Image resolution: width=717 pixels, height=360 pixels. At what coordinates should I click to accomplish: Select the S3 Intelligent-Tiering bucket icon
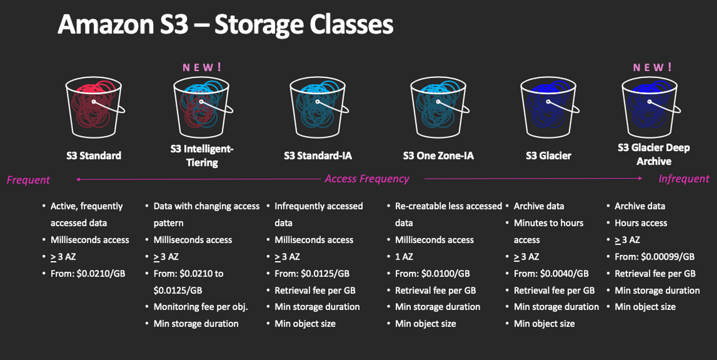pos(201,108)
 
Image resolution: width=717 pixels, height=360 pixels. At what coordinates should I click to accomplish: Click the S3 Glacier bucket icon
pos(547,108)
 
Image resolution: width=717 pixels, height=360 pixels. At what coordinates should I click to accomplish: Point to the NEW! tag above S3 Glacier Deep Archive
pos(652,67)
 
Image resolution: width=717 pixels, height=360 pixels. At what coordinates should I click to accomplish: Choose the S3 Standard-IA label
pos(318,155)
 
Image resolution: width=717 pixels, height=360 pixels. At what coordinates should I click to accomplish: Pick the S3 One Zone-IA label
pos(438,155)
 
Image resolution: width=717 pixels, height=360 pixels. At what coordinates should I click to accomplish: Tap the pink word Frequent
pos(28,180)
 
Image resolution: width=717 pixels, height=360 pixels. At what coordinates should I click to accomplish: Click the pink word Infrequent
pos(684,179)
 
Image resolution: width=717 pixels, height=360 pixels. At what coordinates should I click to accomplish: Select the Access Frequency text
pos(367,179)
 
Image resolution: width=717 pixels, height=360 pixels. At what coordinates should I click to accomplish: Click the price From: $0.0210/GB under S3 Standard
pos(88,273)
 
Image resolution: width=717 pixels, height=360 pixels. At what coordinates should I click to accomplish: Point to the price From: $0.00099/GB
pos(654,257)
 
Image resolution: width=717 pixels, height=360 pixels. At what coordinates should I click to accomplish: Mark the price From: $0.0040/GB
pos(551,273)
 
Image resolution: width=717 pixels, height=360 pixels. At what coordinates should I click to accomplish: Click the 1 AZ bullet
pos(405,257)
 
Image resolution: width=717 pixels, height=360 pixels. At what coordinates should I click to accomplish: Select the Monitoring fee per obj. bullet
pos(200,307)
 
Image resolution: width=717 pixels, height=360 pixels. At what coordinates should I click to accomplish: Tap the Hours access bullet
pos(640,223)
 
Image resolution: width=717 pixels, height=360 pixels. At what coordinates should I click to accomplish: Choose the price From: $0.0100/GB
pos(432,273)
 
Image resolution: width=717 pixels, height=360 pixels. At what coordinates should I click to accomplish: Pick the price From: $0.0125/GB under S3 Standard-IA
pos(312,273)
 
